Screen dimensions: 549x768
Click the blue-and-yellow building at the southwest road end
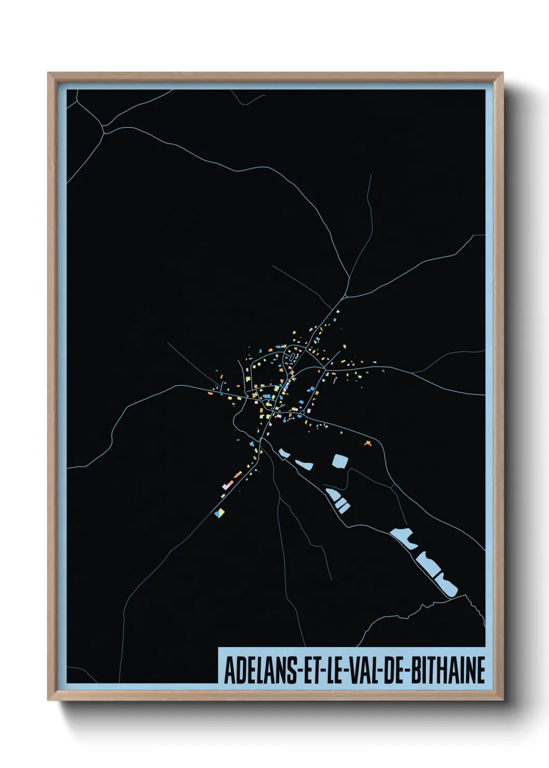click(x=220, y=513)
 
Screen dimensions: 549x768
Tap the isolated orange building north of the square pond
click(x=368, y=443)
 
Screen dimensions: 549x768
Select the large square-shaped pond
click(x=339, y=461)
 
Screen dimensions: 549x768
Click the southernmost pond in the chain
click(x=446, y=584)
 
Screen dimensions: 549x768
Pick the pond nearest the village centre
click(x=283, y=453)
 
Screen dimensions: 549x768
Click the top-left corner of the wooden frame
click(x=49, y=74)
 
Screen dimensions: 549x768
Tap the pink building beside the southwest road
click(x=226, y=486)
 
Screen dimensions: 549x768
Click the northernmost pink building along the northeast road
click(x=338, y=311)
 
